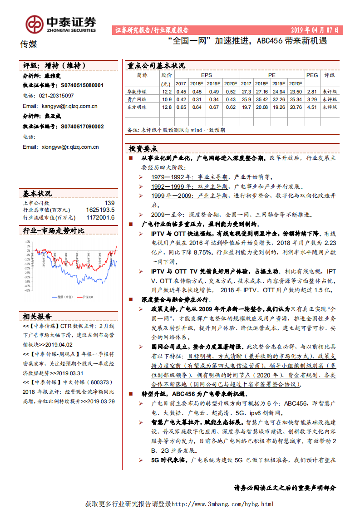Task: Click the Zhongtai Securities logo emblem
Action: pos(34,24)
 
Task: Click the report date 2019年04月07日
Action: pos(315,30)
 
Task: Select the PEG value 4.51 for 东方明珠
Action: pos(311,107)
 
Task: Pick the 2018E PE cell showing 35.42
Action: pos(262,99)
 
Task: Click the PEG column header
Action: pos(312,75)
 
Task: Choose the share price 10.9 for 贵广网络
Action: pos(167,99)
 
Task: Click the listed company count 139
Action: pos(109,203)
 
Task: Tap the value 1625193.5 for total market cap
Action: pos(100,210)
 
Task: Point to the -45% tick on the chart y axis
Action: pos(27,291)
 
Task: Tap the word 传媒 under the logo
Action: pos(29,44)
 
